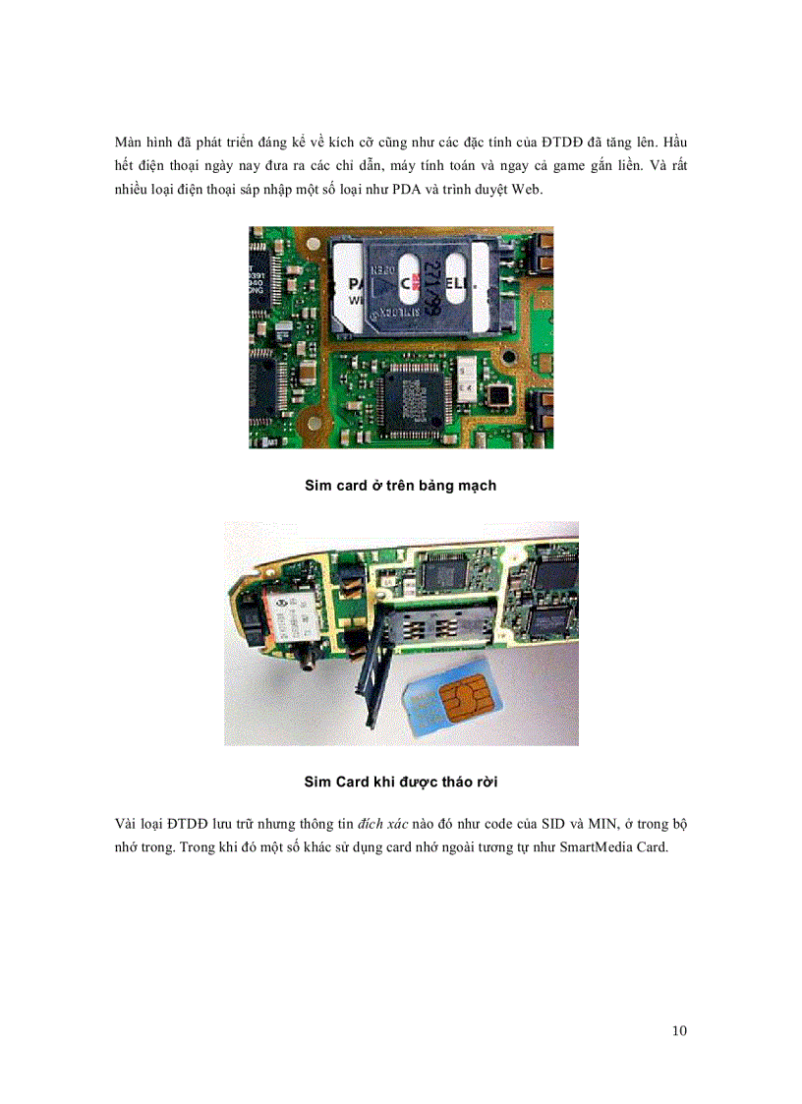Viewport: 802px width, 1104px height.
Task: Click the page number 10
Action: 680,1030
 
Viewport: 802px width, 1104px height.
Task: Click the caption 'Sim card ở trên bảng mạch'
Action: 401,486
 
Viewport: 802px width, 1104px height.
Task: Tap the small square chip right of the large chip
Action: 501,394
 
